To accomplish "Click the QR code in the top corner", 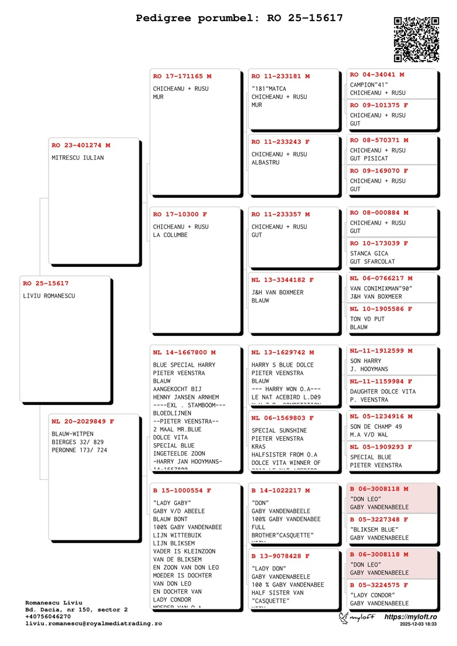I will (x=416, y=39).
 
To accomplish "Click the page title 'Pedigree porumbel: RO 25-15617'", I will (x=239, y=18).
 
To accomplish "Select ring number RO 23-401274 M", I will (x=81, y=146).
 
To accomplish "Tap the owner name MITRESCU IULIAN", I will (x=78, y=158).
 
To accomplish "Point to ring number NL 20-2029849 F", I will (x=83, y=422).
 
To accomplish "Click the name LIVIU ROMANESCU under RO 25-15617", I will (x=49, y=296).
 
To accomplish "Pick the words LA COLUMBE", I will (x=170, y=235).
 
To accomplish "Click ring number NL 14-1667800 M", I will (x=184, y=352).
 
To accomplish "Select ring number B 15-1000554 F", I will (x=182, y=491).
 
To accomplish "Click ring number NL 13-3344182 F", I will (x=282, y=280).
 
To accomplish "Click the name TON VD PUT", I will (x=367, y=319).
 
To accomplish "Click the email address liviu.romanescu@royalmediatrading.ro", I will (x=93, y=624).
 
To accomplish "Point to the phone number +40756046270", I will (x=49, y=617).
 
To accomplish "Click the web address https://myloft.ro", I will (x=410, y=617).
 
